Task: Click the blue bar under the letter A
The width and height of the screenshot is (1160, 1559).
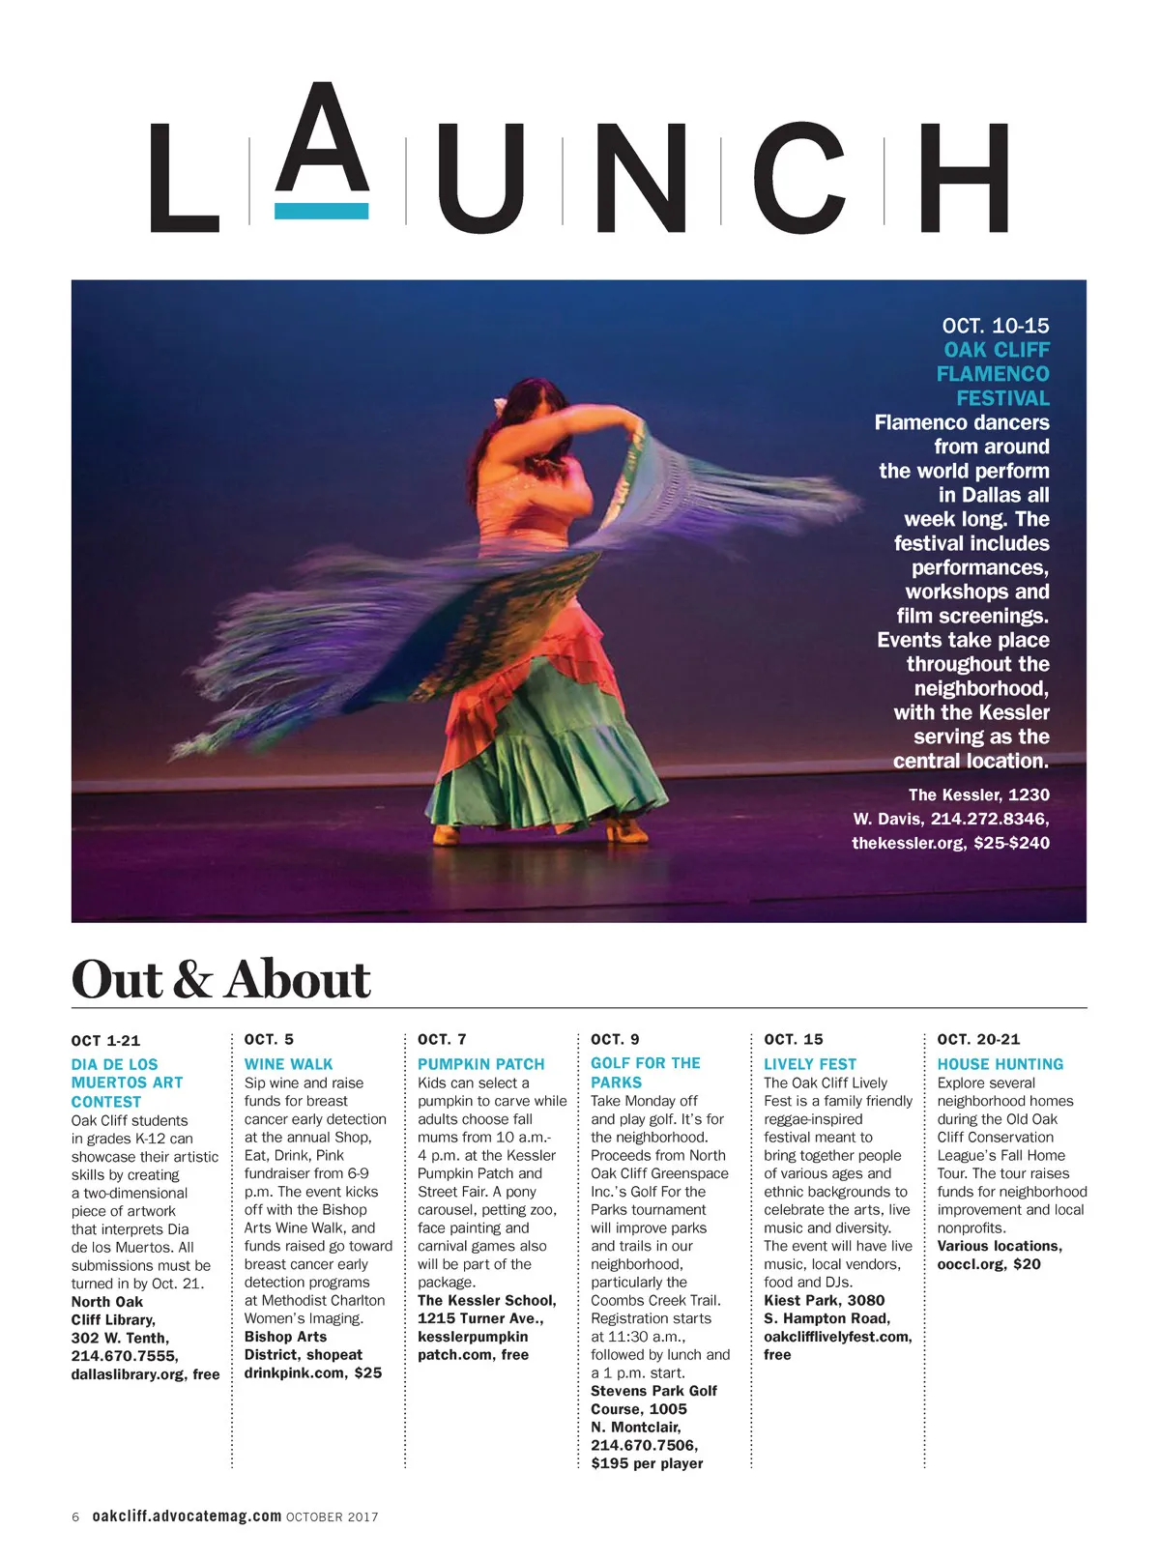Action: click(x=321, y=211)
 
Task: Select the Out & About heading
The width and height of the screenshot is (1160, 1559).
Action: click(x=220, y=979)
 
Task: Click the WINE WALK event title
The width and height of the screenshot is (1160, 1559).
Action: click(x=288, y=1064)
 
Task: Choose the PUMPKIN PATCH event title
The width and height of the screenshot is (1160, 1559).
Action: click(x=480, y=1064)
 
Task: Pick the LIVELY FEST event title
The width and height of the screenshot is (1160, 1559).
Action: click(x=810, y=1064)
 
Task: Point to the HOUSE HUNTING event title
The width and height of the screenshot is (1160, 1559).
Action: click(x=1000, y=1064)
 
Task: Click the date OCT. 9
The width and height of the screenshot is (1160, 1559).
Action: click(x=615, y=1039)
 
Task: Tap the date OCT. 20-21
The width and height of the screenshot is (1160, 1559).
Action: click(x=978, y=1039)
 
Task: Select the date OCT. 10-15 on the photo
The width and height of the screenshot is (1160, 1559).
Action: click(x=995, y=326)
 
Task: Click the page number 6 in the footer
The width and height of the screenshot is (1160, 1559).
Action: click(x=75, y=1517)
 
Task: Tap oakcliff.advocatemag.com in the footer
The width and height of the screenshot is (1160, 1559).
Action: click(x=187, y=1516)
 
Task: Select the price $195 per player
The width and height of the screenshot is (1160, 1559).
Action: click(x=647, y=1463)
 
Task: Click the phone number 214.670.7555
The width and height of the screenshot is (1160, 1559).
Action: click(x=125, y=1356)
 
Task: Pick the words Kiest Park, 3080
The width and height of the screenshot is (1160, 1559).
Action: click(x=824, y=1301)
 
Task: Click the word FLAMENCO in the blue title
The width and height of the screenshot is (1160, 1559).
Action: click(x=992, y=374)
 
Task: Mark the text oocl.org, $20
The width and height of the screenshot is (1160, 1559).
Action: click(x=988, y=1264)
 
